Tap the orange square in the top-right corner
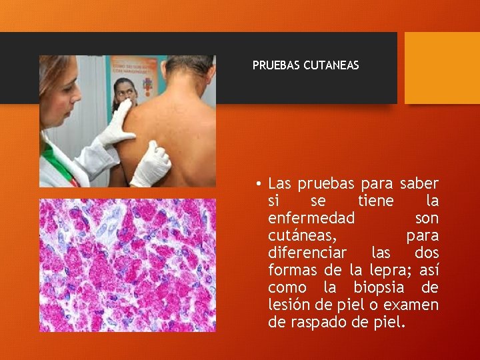442,68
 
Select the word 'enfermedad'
311,218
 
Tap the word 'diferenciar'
307,253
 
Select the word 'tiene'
375,201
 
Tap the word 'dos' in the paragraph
427,253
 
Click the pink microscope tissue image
127,265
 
